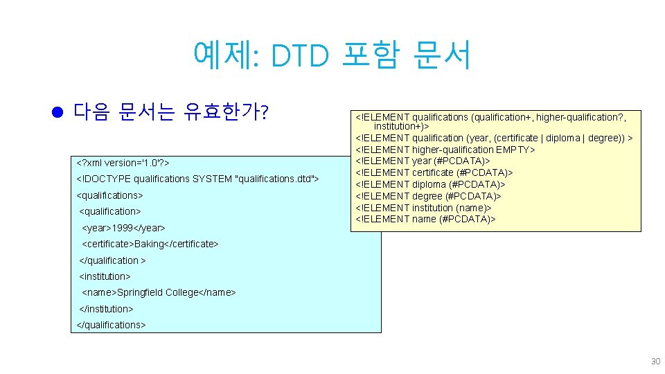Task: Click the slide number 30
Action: coord(655,362)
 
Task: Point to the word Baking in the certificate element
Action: coord(148,244)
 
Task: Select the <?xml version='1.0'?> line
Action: coord(123,163)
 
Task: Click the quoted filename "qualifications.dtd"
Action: coord(276,179)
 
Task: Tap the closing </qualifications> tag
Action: coord(110,325)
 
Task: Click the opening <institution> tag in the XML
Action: coord(105,276)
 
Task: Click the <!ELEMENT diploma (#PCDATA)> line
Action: coord(429,184)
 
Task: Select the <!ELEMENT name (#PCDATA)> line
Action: coord(425,219)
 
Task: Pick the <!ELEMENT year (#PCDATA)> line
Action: coord(423,161)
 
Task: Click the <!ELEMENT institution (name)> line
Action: coord(423,208)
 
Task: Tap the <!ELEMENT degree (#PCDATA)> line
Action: coord(427,196)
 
